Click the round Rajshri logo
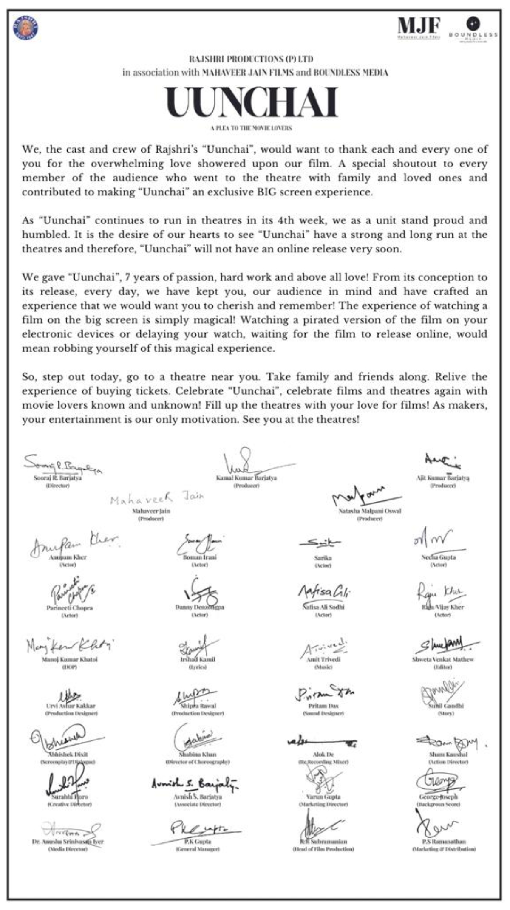(x=25, y=28)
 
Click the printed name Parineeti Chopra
(x=69, y=608)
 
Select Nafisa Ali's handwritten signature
(x=324, y=591)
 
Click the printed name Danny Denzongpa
(x=199, y=607)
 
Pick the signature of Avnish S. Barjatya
(x=195, y=783)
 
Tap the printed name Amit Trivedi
(x=323, y=659)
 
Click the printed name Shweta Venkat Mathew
(x=442, y=659)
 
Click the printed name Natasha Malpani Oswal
(x=370, y=511)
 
